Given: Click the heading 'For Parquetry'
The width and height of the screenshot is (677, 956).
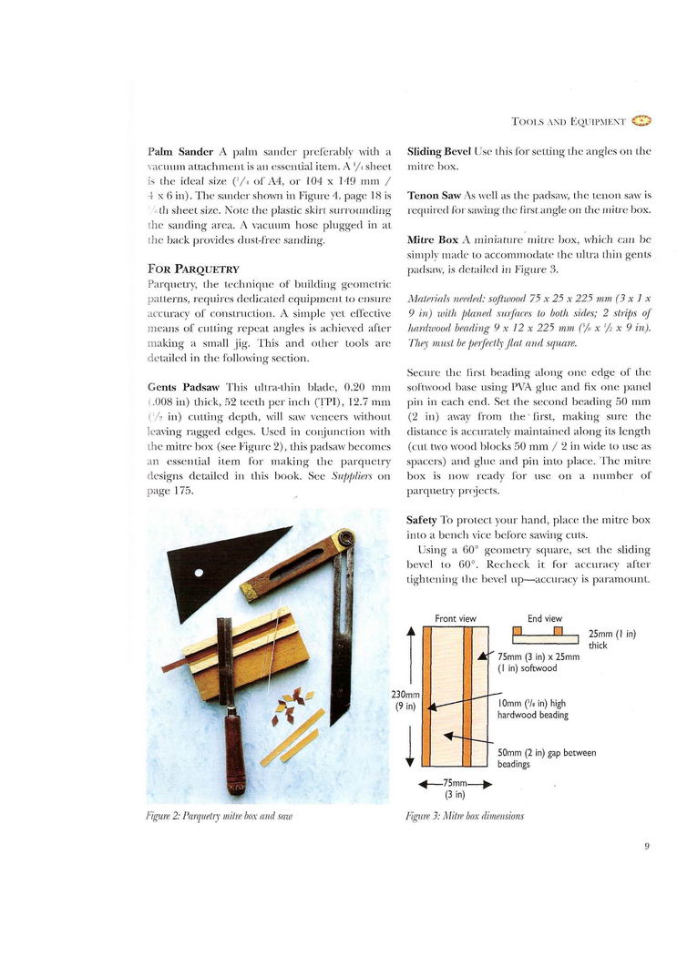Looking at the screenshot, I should (x=193, y=269).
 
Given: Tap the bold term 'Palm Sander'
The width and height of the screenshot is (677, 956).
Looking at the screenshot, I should (x=177, y=151).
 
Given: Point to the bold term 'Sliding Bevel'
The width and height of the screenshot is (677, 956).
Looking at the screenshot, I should (x=439, y=151).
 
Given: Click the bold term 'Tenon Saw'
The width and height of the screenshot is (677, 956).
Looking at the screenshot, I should (x=433, y=196).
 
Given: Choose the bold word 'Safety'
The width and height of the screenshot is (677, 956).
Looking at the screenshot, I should (x=422, y=519).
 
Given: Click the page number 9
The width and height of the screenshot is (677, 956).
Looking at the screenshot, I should (x=646, y=846).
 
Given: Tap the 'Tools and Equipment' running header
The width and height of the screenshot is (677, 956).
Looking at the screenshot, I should (x=568, y=120).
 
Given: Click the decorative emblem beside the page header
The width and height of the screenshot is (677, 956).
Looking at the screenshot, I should (x=641, y=119).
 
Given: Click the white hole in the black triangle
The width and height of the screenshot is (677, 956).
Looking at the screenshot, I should (x=199, y=574).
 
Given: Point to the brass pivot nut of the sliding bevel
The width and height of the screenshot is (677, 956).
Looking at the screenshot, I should (x=344, y=539).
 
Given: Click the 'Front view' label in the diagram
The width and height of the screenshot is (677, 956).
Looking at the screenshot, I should (x=456, y=619).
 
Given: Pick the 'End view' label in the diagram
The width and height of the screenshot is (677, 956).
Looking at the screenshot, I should (x=545, y=619).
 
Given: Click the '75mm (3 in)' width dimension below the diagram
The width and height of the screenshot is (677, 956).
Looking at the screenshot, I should (x=456, y=788).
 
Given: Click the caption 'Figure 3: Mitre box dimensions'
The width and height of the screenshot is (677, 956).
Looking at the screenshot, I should (x=465, y=817).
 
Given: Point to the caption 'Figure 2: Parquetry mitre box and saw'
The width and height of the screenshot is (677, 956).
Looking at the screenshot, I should (x=218, y=817).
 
